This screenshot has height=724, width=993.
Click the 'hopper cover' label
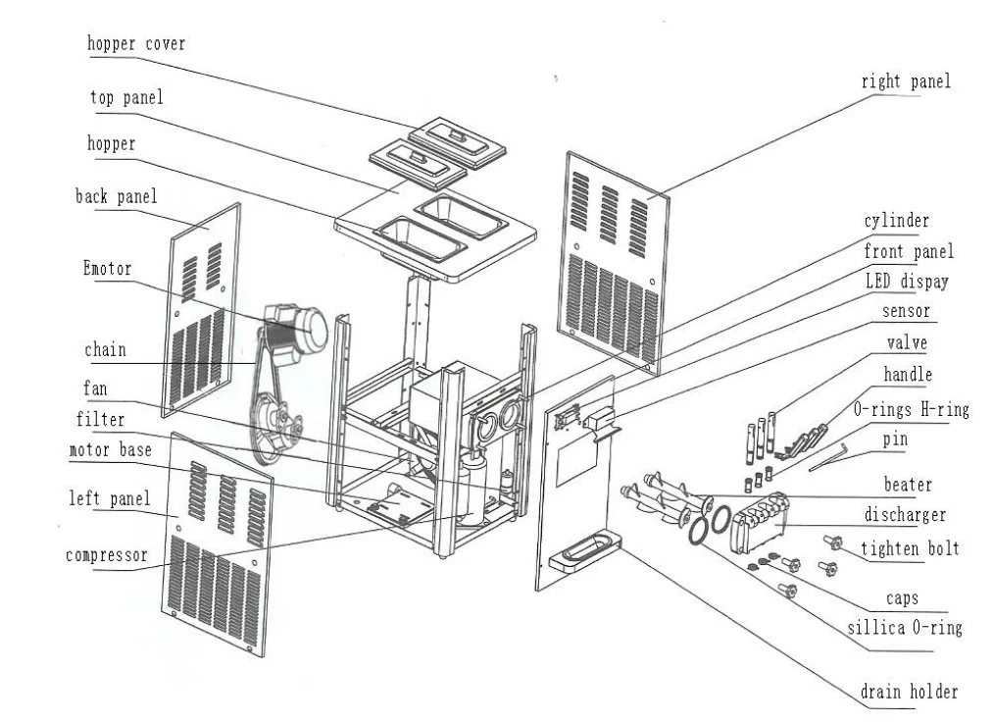[135, 44]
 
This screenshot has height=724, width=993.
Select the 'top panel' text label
[125, 98]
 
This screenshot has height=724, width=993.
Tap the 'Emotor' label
[107, 268]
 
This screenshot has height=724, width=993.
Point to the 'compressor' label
[106, 555]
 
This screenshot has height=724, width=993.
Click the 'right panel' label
[906, 82]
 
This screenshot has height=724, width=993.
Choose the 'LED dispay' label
[907, 282]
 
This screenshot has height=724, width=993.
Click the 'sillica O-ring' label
[907, 627]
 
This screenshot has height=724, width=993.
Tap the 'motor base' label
[110, 451]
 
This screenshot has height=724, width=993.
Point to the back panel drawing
[204, 304]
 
